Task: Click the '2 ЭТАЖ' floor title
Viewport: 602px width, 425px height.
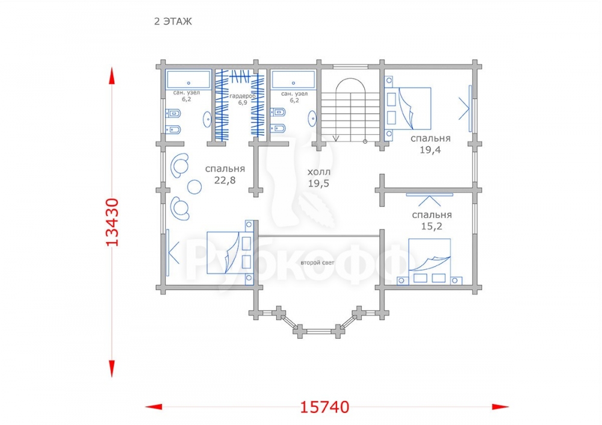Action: [x=173, y=22]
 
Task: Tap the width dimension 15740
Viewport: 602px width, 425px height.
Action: [x=324, y=407]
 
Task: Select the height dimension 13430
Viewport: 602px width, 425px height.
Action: [x=112, y=222]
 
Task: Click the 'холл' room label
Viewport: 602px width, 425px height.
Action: [x=318, y=172]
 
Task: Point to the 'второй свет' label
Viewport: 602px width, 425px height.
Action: [x=317, y=263]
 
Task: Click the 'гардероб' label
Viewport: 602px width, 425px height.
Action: [x=242, y=96]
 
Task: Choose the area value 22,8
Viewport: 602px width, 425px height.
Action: [x=225, y=180]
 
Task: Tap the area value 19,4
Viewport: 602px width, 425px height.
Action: [x=430, y=150]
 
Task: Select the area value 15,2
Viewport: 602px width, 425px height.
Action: [x=432, y=226]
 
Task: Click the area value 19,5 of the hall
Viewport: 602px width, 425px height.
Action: [x=318, y=184]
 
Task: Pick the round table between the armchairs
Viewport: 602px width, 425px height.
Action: [x=194, y=187]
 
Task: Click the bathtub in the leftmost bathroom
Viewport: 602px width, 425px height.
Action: [x=188, y=79]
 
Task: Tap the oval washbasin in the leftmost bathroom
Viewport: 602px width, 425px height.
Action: [x=207, y=120]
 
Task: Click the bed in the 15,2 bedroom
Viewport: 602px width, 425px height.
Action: [x=429, y=262]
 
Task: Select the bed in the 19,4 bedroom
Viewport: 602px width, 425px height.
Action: [x=408, y=108]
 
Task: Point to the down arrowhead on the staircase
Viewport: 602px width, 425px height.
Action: [x=336, y=138]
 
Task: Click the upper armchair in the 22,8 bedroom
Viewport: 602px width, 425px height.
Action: [x=179, y=166]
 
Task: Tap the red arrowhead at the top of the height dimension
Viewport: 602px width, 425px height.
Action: [x=112, y=76]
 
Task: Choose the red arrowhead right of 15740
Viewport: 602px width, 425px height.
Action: [x=500, y=406]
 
